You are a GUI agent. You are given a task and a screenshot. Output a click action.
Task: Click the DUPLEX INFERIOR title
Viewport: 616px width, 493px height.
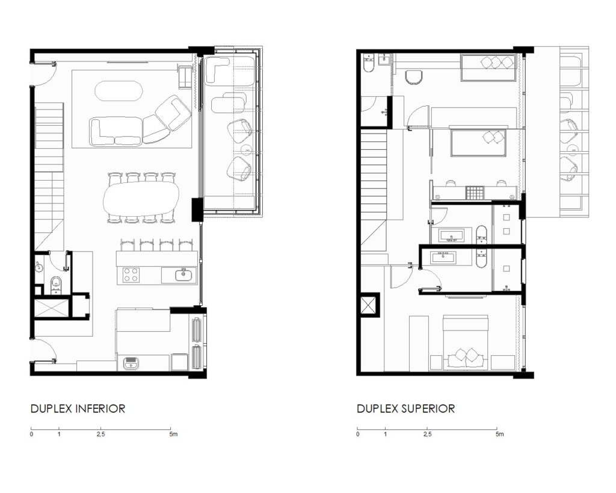78,409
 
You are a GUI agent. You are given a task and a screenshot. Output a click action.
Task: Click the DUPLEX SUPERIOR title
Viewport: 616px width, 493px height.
406,409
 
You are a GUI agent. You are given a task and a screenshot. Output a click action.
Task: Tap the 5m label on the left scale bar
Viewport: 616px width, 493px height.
173,434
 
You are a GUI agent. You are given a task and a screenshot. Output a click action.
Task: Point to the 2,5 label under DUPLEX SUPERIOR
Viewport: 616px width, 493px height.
428,434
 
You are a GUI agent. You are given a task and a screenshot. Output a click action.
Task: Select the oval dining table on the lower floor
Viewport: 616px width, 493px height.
141,199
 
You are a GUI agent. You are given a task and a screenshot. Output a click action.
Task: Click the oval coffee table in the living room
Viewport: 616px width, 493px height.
118,91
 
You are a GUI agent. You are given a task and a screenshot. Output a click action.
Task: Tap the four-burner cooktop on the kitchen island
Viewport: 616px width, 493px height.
131,275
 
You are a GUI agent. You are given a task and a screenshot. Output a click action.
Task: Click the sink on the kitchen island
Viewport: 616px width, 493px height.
183,274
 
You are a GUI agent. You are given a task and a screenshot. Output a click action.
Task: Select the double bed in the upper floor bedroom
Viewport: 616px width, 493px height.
466,342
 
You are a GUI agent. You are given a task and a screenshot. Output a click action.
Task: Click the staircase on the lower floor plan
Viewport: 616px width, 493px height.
49,177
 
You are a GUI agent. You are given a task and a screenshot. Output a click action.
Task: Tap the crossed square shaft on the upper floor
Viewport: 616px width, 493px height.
368,305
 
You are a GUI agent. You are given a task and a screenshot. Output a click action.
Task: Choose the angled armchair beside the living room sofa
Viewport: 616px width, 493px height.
173,113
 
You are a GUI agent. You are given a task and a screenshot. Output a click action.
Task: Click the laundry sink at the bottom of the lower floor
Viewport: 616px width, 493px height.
131,364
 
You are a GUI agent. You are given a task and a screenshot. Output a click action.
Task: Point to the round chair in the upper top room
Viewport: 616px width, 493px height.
413,77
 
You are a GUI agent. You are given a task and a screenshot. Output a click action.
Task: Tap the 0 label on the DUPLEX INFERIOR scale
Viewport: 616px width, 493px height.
31,434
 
